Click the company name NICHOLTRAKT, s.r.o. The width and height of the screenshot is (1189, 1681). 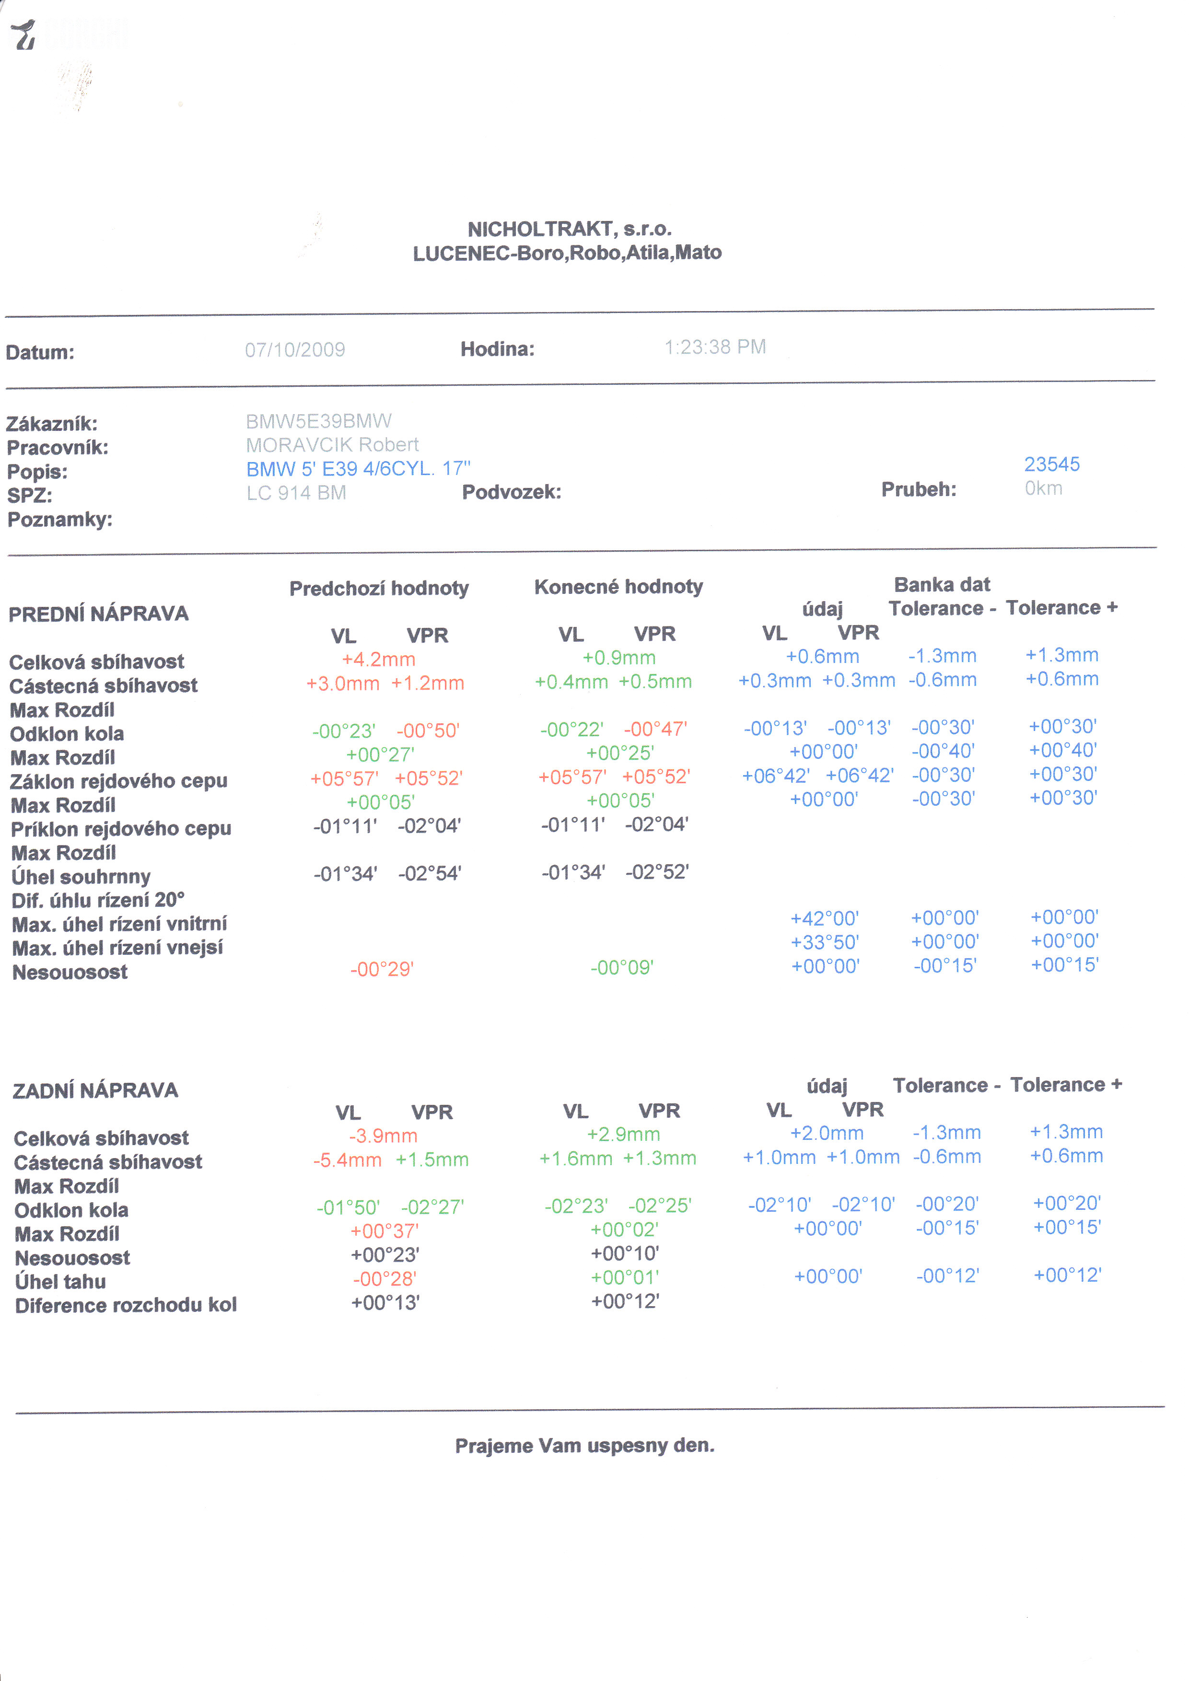tap(569, 229)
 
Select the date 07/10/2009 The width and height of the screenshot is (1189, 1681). tap(294, 350)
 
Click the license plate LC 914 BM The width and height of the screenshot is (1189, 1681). tap(296, 493)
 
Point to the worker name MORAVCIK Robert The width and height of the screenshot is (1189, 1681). tap(332, 445)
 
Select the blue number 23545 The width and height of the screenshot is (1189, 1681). tap(1051, 464)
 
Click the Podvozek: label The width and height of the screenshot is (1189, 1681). tap(511, 492)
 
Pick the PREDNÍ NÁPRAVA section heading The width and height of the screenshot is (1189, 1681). tap(98, 614)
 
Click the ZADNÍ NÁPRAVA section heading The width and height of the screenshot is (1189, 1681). tap(95, 1090)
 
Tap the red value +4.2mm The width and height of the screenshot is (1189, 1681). tap(379, 659)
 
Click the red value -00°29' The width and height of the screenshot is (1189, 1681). tap(382, 969)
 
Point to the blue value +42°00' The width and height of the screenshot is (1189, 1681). tap(825, 918)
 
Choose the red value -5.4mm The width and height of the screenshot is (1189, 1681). tap(347, 1159)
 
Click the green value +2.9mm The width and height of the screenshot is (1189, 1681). tap(623, 1134)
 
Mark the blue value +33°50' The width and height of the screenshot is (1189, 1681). tap(825, 942)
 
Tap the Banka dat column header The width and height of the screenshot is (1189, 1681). tap(942, 584)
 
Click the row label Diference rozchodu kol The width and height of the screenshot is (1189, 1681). tap(126, 1305)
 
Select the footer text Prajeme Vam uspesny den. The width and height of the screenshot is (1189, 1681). tap(584, 1445)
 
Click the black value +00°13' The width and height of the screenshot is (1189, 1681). tap(385, 1302)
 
